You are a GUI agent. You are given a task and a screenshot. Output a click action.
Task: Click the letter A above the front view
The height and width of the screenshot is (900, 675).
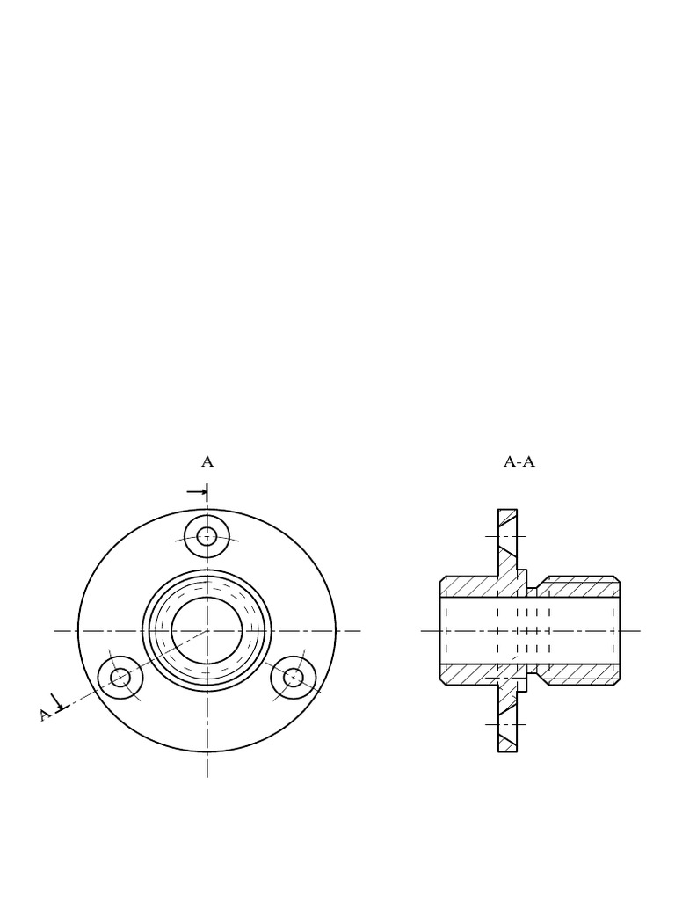coord(207,461)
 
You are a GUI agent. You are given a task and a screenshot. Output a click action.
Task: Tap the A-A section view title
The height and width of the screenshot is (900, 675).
coord(519,461)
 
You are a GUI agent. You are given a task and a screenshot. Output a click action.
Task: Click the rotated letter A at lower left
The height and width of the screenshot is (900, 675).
coord(45,714)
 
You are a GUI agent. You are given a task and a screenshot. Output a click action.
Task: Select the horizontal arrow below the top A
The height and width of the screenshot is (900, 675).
coord(198,491)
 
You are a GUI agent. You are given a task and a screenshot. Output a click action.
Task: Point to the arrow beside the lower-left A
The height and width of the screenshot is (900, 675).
coord(60,702)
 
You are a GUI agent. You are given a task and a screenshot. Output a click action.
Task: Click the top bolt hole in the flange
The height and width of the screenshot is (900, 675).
coord(207,536)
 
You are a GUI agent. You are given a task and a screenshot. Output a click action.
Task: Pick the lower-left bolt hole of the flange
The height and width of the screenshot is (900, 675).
coord(120,678)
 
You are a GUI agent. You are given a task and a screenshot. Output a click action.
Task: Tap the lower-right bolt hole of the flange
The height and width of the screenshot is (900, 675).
coord(294,678)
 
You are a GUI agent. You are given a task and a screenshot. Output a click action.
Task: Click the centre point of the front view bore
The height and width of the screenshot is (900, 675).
coord(207,630)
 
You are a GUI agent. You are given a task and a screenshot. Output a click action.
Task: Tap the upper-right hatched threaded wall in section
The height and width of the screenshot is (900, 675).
coord(580,586)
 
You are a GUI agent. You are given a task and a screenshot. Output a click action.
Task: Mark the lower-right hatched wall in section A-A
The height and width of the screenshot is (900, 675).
coord(580,674)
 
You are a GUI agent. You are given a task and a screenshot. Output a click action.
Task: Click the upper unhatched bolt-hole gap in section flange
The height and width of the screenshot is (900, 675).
coord(507,536)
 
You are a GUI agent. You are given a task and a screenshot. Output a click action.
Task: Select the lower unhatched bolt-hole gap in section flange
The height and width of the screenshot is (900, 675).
coord(507,724)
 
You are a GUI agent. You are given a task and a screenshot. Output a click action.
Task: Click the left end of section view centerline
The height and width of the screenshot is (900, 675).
coord(423,630)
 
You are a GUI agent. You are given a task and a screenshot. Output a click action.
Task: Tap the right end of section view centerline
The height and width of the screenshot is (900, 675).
coord(639,630)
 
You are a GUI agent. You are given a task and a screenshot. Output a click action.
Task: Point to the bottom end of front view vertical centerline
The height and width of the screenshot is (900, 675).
coord(207,775)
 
